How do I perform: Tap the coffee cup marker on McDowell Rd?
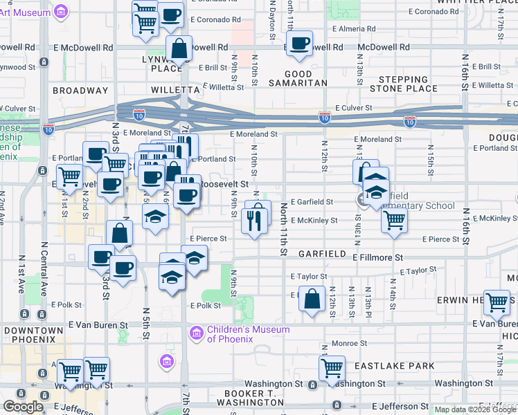click(299, 44)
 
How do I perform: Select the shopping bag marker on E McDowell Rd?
click(179, 50)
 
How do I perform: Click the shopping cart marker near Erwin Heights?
click(497, 302)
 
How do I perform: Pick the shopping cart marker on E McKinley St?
click(394, 221)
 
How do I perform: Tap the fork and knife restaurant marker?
click(254, 221)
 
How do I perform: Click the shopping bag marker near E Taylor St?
click(313, 301)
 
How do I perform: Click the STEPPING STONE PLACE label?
click(404, 84)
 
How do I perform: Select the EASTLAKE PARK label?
click(402, 366)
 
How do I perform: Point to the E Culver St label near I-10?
click(354, 109)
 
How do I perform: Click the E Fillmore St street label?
click(377, 257)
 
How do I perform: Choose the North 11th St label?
click(284, 228)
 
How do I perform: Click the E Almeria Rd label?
click(354, 30)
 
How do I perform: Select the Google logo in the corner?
click(24, 407)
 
